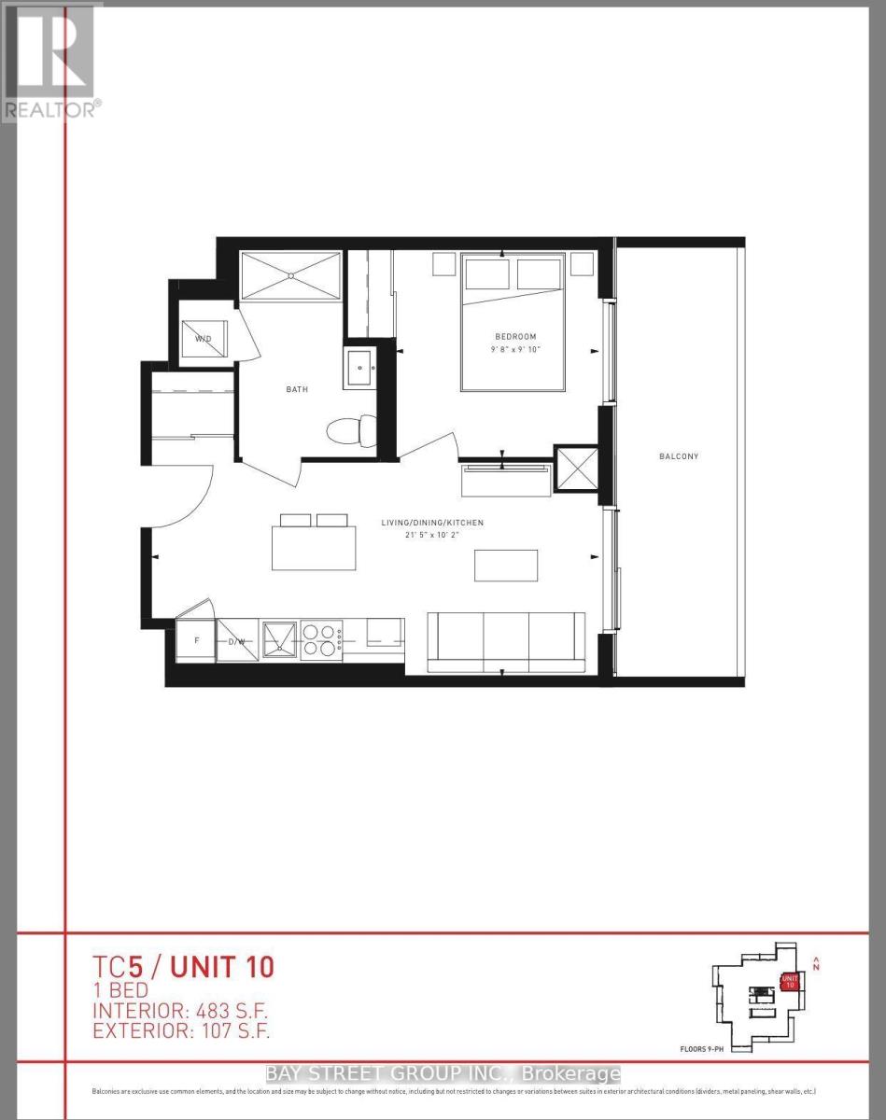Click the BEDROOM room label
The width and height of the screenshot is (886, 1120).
pyautogui.click(x=515, y=337)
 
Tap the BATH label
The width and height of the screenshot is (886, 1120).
pyautogui.click(x=297, y=389)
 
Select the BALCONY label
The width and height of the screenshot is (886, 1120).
pyautogui.click(x=679, y=456)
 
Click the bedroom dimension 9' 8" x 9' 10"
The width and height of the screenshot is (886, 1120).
pyautogui.click(x=515, y=350)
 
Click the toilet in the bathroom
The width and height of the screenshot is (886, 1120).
pyautogui.click(x=351, y=432)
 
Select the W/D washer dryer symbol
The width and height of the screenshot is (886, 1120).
pyautogui.click(x=204, y=337)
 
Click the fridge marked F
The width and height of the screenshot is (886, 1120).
pyautogui.click(x=195, y=641)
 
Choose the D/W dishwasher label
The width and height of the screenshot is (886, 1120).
pyautogui.click(x=236, y=642)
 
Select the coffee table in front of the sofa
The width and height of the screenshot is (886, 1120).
pyautogui.click(x=506, y=566)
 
